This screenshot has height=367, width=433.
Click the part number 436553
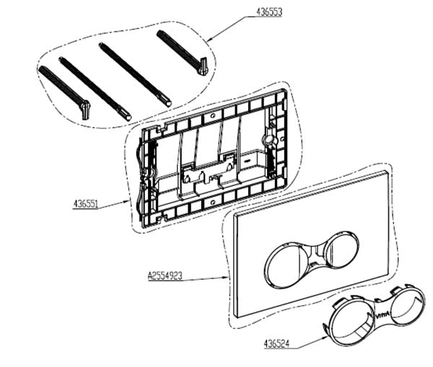click(x=269, y=12)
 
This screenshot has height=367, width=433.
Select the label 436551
click(x=86, y=204)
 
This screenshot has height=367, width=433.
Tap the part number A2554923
click(x=165, y=276)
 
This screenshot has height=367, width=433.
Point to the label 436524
click(x=276, y=344)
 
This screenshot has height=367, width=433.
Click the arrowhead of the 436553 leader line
click(x=210, y=39)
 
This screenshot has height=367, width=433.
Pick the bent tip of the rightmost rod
click(x=203, y=66)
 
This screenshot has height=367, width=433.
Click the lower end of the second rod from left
click(x=127, y=117)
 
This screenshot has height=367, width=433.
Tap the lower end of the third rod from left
click(x=167, y=103)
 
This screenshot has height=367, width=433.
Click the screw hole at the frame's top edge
click(x=212, y=116)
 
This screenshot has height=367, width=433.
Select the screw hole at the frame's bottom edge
click(x=212, y=203)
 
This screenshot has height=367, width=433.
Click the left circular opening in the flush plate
click(x=285, y=265)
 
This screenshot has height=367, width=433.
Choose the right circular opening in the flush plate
click(x=342, y=250)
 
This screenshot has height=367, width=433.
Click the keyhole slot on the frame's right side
click(x=268, y=140)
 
